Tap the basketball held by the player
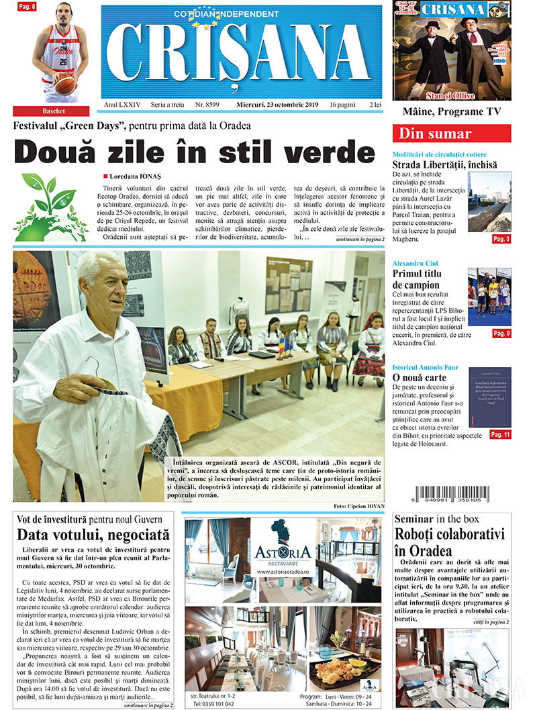[x=65, y=84]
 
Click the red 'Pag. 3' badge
[x=501, y=239]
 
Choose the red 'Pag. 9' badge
[x=501, y=333]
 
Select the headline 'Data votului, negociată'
[x=93, y=536]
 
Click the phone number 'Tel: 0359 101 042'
[x=213, y=703]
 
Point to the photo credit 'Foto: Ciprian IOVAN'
[x=358, y=505]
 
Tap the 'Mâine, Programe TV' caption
[x=451, y=111]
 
